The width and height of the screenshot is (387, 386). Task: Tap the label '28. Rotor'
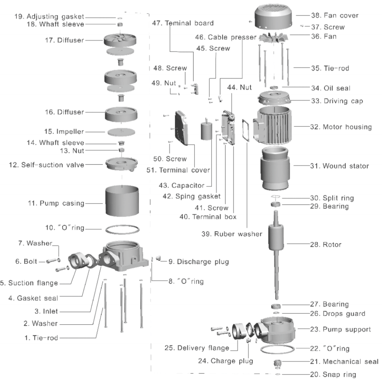[325, 244]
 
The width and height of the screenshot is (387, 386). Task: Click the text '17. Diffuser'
[64, 40]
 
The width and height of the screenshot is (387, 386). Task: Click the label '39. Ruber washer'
[232, 234]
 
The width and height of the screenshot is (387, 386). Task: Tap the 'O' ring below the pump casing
[122, 229]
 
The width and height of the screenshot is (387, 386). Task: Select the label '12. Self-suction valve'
[46, 165]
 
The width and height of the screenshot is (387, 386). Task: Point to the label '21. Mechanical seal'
[344, 362]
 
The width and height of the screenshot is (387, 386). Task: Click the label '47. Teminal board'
[182, 23]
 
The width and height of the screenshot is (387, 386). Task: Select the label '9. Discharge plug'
[199, 262]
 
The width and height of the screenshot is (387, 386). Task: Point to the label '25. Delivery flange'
[197, 348]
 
